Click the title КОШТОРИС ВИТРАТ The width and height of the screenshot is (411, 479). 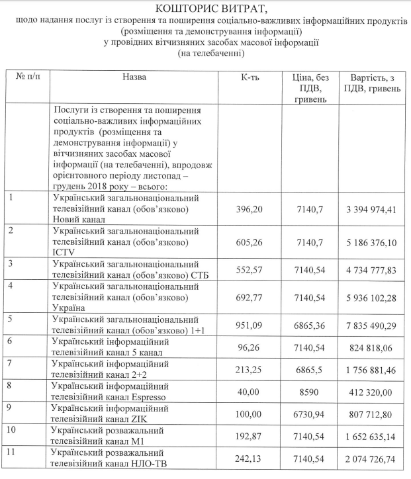tap(205, 8)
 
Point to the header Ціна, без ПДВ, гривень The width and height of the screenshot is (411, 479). tap(308, 89)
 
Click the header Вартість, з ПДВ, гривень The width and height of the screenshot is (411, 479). tap(371, 83)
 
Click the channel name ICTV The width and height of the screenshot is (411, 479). tap(64, 252)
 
